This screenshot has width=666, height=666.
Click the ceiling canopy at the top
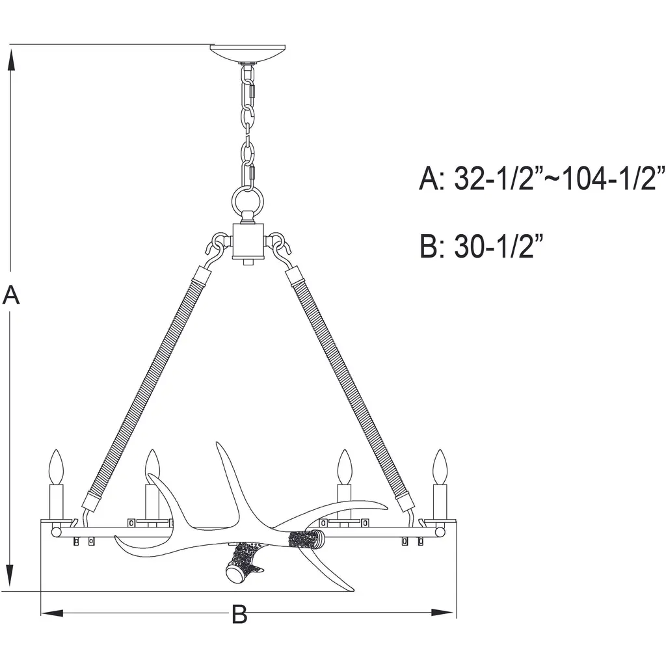coord(248,53)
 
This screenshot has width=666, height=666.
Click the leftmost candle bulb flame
coord(57,467)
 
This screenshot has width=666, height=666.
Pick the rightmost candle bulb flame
coord(440,467)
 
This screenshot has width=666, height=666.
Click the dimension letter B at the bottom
coord(239,614)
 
